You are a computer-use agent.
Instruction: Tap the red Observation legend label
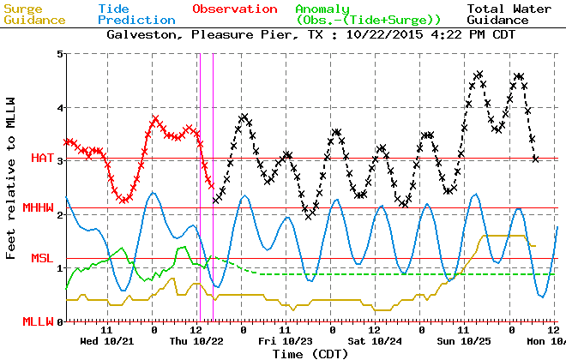(235, 9)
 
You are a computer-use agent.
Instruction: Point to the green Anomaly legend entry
(369, 14)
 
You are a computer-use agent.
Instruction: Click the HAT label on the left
(42, 159)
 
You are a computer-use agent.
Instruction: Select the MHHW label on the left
(38, 208)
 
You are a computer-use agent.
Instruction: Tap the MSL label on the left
(42, 258)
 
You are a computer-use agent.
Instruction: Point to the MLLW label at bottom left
(38, 321)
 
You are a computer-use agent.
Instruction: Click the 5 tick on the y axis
(59, 54)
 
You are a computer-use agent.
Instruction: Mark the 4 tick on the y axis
(59, 108)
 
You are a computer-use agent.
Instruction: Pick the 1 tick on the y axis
(59, 268)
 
